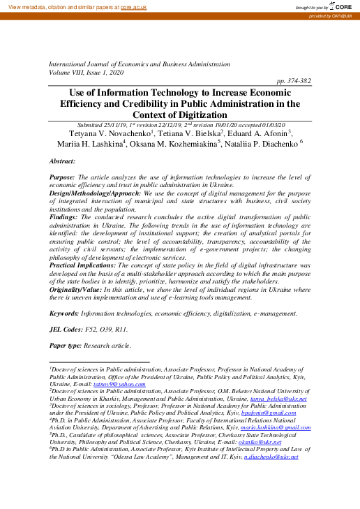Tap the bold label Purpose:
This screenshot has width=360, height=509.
(x=63, y=179)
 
